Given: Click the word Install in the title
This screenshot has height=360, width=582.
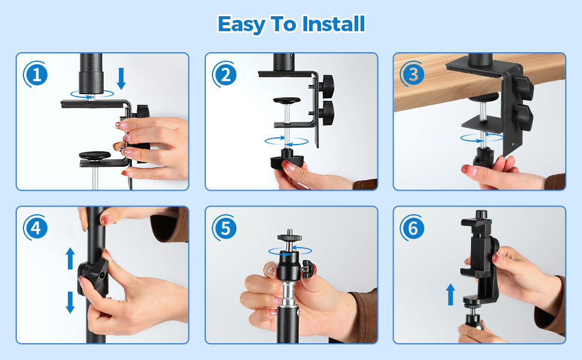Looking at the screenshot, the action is click(x=334, y=24).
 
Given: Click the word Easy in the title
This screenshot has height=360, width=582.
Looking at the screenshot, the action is click(x=242, y=25).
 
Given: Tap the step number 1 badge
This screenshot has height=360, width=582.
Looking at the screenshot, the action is click(x=36, y=74).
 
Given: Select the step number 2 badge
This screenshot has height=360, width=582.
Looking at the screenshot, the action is click(x=225, y=74).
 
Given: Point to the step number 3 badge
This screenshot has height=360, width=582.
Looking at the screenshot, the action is click(x=413, y=74).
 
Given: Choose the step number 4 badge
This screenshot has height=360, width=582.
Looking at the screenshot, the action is click(x=36, y=228).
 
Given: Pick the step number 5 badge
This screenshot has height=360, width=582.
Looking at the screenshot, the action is click(x=225, y=228).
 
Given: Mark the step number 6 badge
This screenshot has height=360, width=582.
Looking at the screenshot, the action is click(x=413, y=228).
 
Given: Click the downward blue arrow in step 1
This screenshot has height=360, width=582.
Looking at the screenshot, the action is click(x=121, y=79).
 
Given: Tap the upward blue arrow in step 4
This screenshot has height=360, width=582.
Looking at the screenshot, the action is click(x=70, y=259).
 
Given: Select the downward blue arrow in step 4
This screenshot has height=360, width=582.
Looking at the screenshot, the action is click(x=70, y=302).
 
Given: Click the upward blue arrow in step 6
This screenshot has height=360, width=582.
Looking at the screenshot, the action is click(x=451, y=295).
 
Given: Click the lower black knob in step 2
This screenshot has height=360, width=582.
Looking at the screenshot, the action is click(x=327, y=110).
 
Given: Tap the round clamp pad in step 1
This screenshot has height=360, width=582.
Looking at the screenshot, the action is click(x=95, y=155).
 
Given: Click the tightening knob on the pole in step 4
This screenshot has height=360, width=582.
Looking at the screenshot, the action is click(x=93, y=277).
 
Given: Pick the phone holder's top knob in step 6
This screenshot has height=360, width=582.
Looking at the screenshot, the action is click(x=481, y=214).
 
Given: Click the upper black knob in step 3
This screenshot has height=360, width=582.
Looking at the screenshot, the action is click(x=522, y=86).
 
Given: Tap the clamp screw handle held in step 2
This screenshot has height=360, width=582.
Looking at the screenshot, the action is click(x=287, y=160).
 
